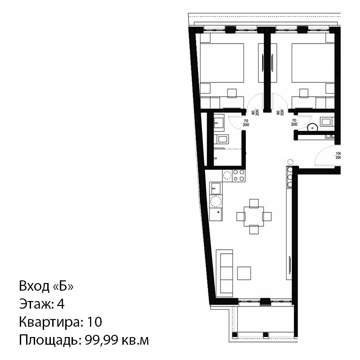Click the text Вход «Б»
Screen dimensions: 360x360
pyautogui.click(x=46, y=286)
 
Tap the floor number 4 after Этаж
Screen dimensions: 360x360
pyautogui.click(x=61, y=304)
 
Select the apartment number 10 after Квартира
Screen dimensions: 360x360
pyautogui.click(x=94, y=322)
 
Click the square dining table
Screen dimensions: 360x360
pyautogui.click(x=254, y=216)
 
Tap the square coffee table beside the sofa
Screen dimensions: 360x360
pyautogui.click(x=244, y=273)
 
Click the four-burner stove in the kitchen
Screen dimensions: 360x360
pyautogui.click(x=238, y=175)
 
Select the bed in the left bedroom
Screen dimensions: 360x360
pyautogui.click(x=222, y=63)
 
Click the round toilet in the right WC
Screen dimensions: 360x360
pyautogui.click(x=312, y=127)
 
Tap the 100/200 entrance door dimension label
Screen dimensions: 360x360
pyautogui.click(x=338, y=155)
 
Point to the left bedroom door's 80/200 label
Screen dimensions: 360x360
pyautogui.click(x=255, y=112)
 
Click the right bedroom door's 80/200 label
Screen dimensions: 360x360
pyautogui.click(x=280, y=112)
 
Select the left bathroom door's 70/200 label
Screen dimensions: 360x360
pyautogui.click(x=246, y=123)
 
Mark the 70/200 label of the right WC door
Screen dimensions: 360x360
pyautogui.click(x=294, y=122)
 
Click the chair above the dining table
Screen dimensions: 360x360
pyautogui.click(x=254, y=203)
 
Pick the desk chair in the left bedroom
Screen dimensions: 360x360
pyautogui.click(x=232, y=93)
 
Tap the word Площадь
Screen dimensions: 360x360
pyautogui.click(x=50, y=341)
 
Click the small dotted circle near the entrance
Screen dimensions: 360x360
pyautogui.click(x=291, y=162)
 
